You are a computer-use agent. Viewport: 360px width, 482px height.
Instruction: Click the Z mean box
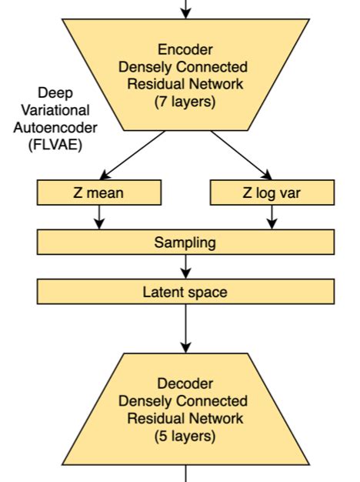[x=99, y=192]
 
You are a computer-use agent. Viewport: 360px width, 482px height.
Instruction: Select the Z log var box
[x=272, y=192]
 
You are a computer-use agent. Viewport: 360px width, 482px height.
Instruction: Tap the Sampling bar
[x=185, y=243]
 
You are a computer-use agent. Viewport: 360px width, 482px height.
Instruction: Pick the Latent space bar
[x=185, y=292]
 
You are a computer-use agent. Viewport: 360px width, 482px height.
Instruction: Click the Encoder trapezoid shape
[x=185, y=73]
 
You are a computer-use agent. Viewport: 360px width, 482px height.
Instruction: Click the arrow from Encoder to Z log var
[x=238, y=154]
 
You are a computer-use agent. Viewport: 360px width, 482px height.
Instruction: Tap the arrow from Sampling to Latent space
[x=185, y=266]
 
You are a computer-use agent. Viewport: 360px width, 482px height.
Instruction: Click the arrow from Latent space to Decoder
[x=185, y=327]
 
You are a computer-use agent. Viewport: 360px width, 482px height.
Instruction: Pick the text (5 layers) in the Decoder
[x=185, y=436]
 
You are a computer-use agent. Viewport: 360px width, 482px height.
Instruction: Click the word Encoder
[x=185, y=50]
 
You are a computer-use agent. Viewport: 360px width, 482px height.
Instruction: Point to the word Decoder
[x=185, y=383]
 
